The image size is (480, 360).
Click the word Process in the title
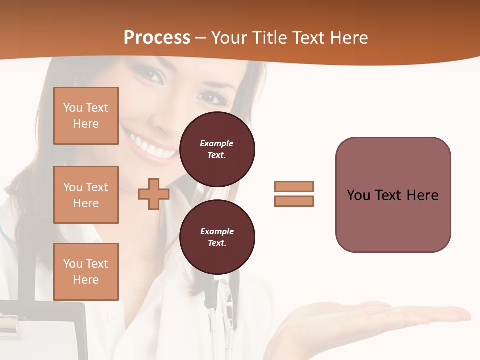[157, 38]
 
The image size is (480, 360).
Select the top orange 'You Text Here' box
[86, 116]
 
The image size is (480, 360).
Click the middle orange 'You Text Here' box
[86, 195]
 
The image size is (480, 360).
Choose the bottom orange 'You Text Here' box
[86, 271]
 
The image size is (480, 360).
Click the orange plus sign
[153, 194]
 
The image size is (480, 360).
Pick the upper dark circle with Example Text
[217, 149]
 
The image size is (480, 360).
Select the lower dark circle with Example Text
[217, 237]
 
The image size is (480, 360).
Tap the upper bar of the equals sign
[294, 186]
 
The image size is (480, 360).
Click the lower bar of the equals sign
[294, 201]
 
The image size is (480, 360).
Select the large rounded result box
[393, 195]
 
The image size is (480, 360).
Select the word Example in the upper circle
[216, 143]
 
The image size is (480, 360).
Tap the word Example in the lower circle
[217, 231]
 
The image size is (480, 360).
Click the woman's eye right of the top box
[212, 96]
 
